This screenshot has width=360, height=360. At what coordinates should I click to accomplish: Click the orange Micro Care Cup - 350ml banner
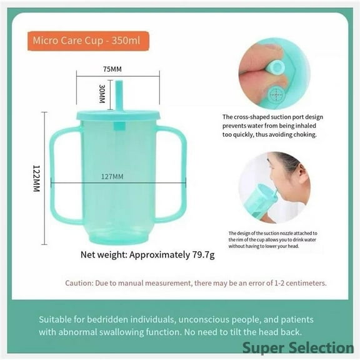click(x=87, y=41)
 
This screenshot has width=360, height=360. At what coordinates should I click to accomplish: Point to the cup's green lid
click(x=119, y=116)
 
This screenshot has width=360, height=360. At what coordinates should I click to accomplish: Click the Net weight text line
click(x=147, y=254)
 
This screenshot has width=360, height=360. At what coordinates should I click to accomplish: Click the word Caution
click(x=79, y=283)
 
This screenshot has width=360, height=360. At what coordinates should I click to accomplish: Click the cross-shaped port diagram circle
click(x=274, y=95)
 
